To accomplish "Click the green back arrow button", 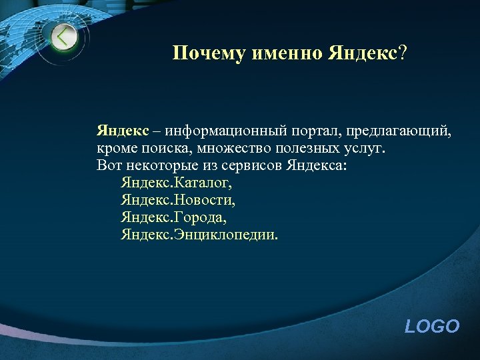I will coord(64,38).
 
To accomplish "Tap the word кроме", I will coord(115,147).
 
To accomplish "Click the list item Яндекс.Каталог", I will coord(177,182).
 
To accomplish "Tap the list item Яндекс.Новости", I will coord(178,199).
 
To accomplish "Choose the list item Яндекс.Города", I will coord(173,217).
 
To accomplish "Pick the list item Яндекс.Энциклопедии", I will coord(201,235).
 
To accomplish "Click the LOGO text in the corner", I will coord(432,326).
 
